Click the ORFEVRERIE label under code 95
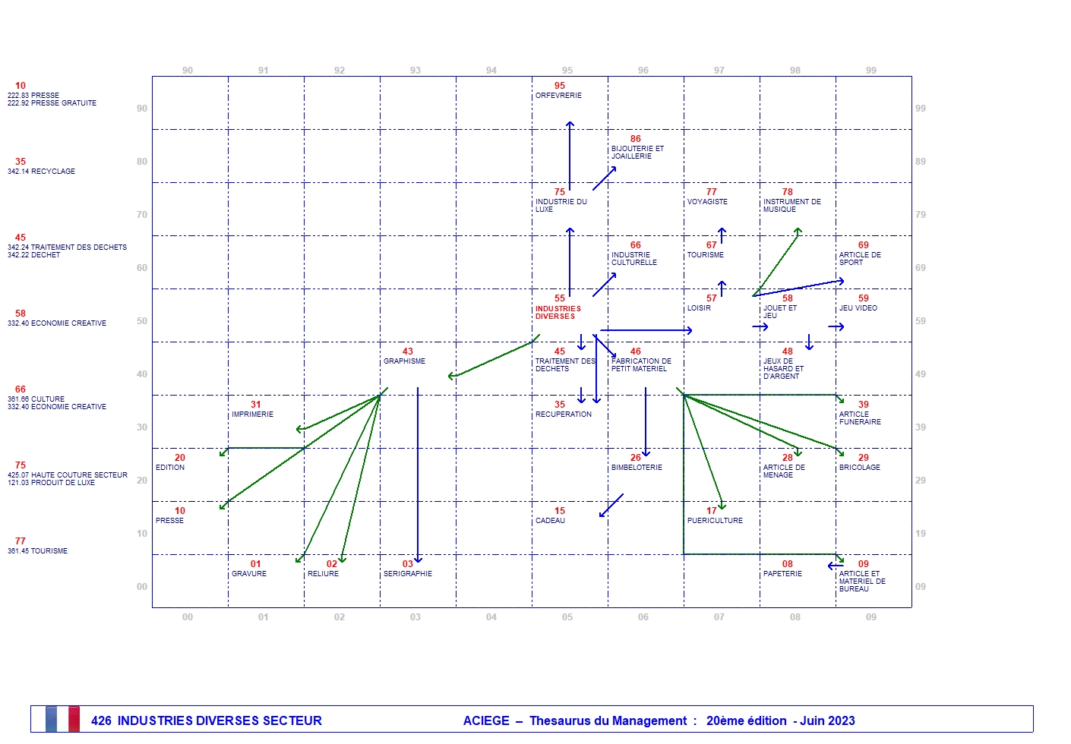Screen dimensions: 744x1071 558,96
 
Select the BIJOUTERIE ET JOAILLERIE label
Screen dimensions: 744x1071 637,153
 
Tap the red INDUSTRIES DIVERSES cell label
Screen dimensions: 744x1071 558,313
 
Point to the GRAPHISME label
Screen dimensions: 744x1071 404,361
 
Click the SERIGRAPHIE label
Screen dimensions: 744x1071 407,574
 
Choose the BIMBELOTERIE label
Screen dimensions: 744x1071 637,468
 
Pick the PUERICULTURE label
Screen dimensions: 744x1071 715,521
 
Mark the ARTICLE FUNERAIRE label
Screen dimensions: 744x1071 860,418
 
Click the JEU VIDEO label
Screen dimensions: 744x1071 858,308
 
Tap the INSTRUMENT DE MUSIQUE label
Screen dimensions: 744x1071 791,206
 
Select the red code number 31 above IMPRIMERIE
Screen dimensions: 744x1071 256,405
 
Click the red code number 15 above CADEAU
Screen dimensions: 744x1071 560,511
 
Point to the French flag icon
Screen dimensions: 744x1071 62,719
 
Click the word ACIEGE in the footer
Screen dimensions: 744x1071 486,720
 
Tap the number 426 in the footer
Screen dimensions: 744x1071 101,720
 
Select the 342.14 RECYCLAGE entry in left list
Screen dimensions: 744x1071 42,172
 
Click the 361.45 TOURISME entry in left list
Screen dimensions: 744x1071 38,551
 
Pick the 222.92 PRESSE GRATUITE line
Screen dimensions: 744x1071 52,103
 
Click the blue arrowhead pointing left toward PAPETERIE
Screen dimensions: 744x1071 830,566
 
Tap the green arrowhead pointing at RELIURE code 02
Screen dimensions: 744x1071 342,560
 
